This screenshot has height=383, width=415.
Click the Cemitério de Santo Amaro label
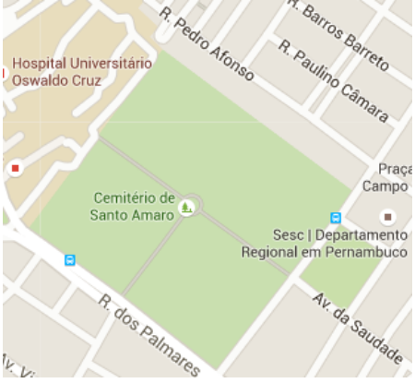[134, 206]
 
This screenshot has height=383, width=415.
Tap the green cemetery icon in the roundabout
[188, 207]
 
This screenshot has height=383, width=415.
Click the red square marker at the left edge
[15, 169]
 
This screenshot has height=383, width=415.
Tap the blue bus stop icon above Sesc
[336, 219]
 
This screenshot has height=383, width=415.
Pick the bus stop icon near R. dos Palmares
[70, 260]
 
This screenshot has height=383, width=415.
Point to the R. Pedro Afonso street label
[206, 43]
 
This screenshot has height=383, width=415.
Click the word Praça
[396, 169]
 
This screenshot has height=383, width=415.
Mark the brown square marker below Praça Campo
[388, 217]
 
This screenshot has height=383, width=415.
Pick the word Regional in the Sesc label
[267, 251]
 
